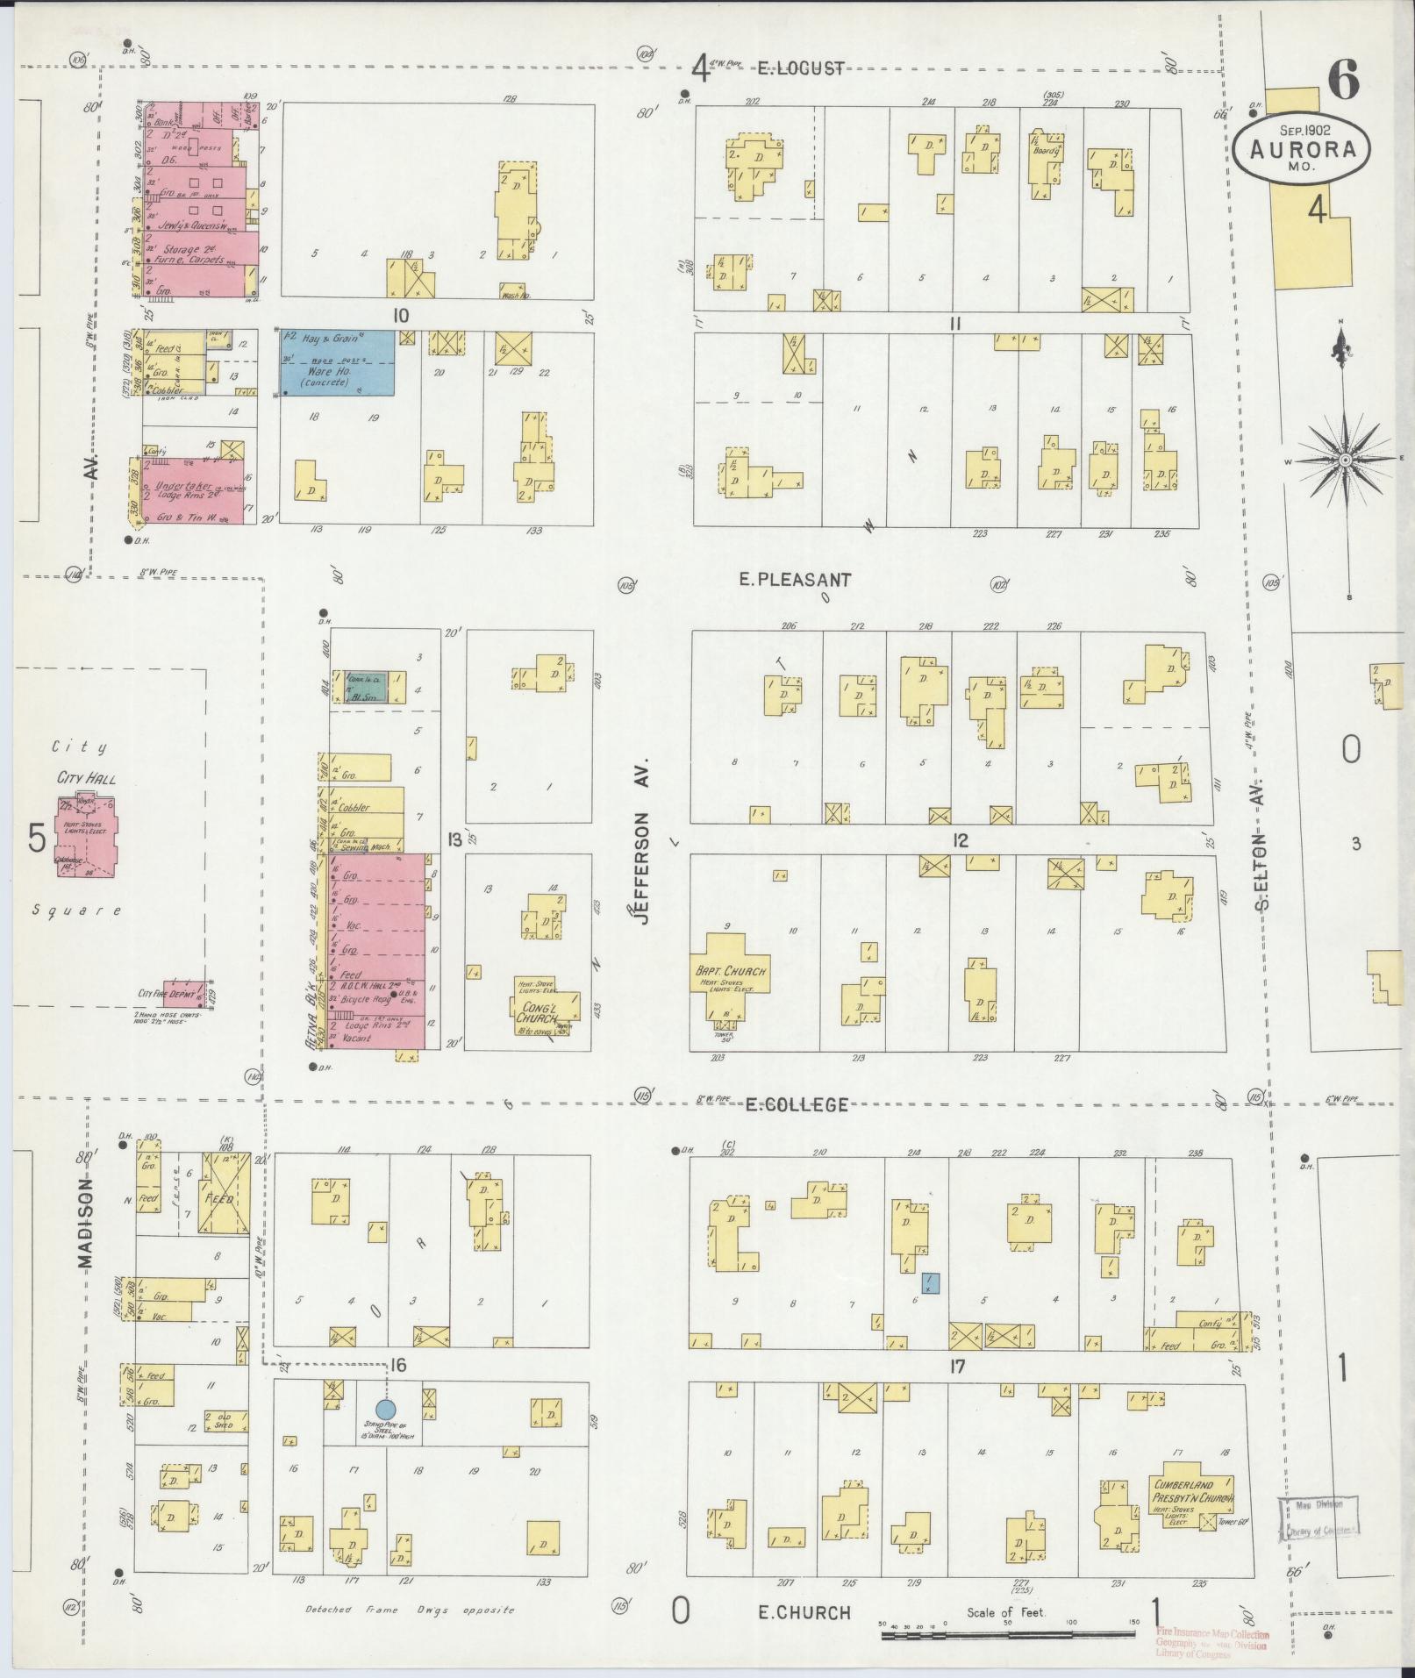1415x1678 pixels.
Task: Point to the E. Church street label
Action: pos(805,1612)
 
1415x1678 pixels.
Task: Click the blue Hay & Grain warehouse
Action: pos(337,362)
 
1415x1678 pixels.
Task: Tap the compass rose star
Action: pos(1343,461)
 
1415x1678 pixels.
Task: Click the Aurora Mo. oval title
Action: pos(1300,150)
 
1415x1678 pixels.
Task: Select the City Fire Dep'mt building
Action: pos(187,994)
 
